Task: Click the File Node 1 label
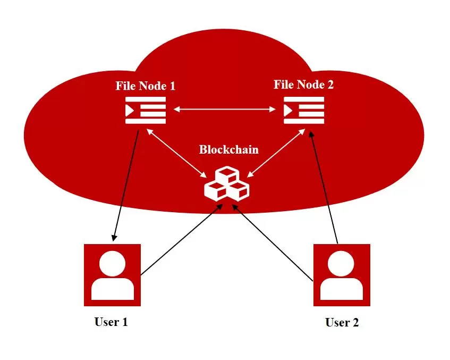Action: tap(146, 86)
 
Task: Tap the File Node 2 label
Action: tap(304, 85)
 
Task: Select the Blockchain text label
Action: tap(228, 149)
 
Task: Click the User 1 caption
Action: tap(111, 322)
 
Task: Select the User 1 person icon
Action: tap(112, 275)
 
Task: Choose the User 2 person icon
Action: tap(342, 275)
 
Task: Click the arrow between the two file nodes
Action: tap(225, 110)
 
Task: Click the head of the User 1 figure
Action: tap(112, 264)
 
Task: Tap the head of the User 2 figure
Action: tap(342, 264)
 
